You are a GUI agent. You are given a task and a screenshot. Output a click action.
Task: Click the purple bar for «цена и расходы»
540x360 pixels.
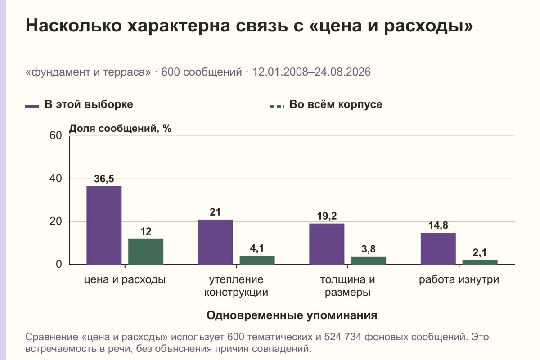point(104,225)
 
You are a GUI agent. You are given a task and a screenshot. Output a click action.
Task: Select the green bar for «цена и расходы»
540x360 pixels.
point(146,252)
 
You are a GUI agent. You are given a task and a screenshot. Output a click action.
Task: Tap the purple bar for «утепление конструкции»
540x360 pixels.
point(216,242)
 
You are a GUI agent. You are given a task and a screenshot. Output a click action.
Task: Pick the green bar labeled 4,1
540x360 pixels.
point(257,260)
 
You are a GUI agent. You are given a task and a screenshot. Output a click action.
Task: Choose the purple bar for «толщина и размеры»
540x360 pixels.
point(327,244)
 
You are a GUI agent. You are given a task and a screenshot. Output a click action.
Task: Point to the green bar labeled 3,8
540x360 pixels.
point(369,261)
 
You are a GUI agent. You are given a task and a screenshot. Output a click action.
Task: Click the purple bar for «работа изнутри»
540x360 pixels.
point(438,248)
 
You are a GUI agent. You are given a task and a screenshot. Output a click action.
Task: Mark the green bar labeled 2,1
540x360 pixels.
point(480,262)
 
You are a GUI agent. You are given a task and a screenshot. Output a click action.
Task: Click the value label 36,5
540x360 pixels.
point(104,179)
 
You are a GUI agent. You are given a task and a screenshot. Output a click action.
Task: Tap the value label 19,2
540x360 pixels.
point(327,216)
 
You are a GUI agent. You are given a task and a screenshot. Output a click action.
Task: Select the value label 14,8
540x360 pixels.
point(438,225)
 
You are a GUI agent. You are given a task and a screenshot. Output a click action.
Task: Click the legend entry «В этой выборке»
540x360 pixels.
point(79,105)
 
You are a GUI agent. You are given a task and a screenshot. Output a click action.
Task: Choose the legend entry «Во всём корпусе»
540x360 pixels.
point(326,105)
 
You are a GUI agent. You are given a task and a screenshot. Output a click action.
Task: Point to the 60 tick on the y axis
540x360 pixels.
point(56,135)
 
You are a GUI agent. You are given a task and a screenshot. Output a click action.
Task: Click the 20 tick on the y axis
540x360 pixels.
point(56,221)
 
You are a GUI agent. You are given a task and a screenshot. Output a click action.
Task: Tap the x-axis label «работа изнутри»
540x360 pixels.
point(459,280)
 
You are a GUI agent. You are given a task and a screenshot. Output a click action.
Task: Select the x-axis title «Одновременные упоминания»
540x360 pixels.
point(292,315)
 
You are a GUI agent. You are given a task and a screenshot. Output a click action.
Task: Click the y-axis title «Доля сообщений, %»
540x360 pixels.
point(120,129)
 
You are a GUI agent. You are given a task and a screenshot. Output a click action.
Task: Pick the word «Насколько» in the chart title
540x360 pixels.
point(74,26)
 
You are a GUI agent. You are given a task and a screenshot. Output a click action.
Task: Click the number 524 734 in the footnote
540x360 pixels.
point(343,337)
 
